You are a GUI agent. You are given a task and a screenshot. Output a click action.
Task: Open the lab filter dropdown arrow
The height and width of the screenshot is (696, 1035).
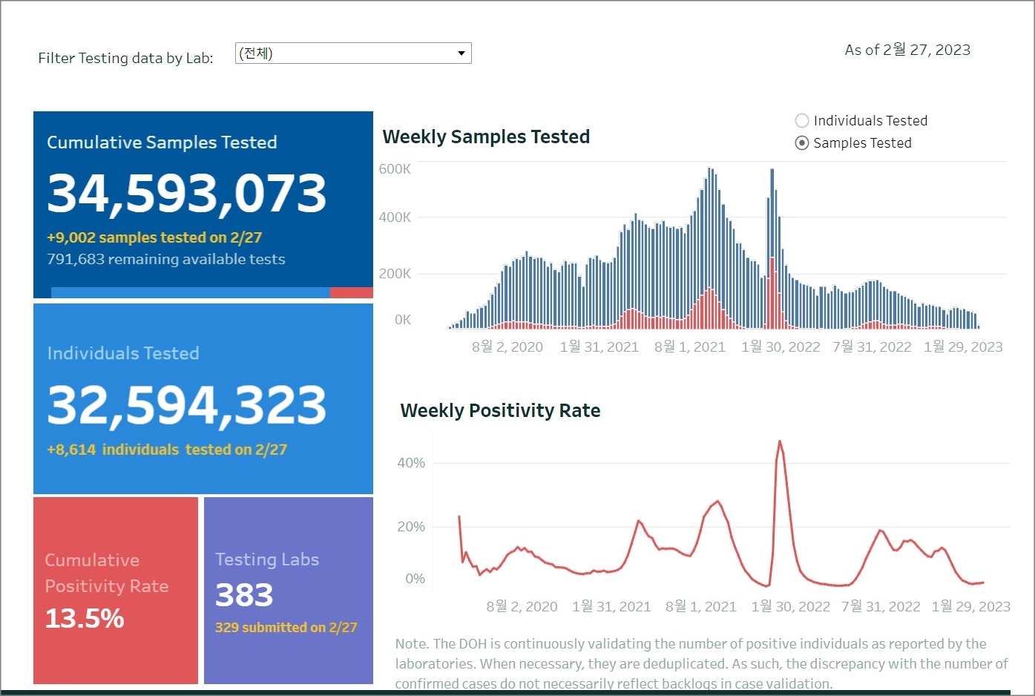pyautogui.click(x=461, y=53)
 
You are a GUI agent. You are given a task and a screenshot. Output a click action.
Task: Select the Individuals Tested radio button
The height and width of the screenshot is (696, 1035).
pyautogui.click(x=802, y=121)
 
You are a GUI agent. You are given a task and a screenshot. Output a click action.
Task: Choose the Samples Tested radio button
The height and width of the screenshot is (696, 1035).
pyautogui.click(x=802, y=143)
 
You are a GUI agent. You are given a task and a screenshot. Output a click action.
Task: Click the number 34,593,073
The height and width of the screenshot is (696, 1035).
pyautogui.click(x=186, y=193)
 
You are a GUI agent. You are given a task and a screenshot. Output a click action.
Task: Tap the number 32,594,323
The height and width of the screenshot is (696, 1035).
pyautogui.click(x=186, y=405)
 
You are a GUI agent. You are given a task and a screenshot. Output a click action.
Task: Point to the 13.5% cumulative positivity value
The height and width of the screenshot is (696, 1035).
pyautogui.click(x=85, y=618)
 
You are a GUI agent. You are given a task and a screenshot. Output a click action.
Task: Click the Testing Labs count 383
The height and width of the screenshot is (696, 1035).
pyautogui.click(x=244, y=595)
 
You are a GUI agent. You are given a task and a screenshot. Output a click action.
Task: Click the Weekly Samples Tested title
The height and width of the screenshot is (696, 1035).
pyautogui.click(x=486, y=137)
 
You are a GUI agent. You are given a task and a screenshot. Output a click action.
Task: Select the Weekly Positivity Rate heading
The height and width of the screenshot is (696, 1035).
pyautogui.click(x=500, y=411)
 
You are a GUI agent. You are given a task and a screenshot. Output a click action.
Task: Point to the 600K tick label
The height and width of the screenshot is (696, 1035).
pyautogui.click(x=395, y=169)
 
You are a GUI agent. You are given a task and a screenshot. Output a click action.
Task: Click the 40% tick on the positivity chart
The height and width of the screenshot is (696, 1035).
pyautogui.click(x=411, y=463)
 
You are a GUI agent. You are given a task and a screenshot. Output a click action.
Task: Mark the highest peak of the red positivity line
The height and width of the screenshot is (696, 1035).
pyautogui.click(x=780, y=442)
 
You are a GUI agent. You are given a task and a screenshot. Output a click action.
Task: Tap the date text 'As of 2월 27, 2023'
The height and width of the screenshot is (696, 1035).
pyautogui.click(x=907, y=50)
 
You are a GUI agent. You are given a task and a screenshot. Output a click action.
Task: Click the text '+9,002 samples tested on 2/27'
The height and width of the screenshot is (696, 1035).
pyautogui.click(x=154, y=237)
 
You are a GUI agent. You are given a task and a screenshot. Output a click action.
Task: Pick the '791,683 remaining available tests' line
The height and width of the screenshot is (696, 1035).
pyautogui.click(x=166, y=259)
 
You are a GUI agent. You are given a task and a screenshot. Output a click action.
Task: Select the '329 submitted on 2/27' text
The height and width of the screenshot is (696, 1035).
pyautogui.click(x=286, y=628)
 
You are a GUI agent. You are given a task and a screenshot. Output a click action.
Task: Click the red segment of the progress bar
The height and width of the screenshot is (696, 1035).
pyautogui.click(x=351, y=292)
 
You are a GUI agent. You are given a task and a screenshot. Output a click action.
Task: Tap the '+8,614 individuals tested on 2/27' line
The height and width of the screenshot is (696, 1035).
pyautogui.click(x=167, y=450)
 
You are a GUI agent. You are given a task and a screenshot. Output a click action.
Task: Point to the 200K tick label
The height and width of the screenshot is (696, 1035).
pyautogui.click(x=395, y=274)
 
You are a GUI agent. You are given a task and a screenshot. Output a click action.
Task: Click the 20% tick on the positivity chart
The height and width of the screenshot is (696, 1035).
pyautogui.click(x=411, y=527)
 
